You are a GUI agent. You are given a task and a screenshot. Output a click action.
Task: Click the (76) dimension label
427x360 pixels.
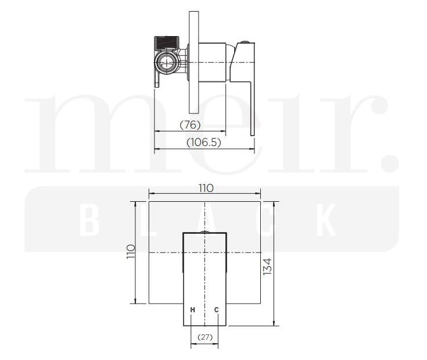tap(190, 124)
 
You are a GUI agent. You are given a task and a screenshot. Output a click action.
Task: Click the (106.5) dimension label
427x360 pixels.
tap(204, 142)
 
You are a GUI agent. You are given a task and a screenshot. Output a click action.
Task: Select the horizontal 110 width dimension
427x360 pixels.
tap(206, 188)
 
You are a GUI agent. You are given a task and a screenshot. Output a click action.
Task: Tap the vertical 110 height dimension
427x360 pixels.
tap(130, 251)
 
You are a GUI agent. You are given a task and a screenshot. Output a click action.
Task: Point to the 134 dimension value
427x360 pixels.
tap(267, 267)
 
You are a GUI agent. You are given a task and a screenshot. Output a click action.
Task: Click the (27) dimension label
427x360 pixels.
tap(204, 337)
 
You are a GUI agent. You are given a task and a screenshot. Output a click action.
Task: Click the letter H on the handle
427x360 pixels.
tap(192, 309)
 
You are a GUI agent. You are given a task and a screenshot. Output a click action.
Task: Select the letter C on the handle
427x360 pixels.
tap(217, 309)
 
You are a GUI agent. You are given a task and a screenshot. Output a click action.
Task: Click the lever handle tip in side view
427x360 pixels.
tap(253, 131)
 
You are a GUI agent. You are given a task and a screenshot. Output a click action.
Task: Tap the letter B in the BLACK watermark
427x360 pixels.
tap(88, 220)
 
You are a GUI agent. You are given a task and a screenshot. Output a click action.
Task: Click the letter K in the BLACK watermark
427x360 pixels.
tap(329, 220)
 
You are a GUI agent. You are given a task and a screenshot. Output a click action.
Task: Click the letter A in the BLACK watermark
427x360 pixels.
tap(207, 220)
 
